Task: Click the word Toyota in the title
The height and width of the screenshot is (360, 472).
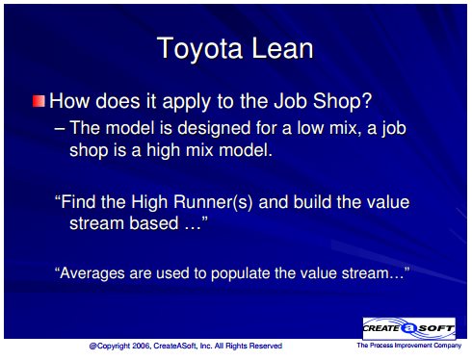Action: [199, 48]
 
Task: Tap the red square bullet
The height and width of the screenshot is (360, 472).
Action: [39, 101]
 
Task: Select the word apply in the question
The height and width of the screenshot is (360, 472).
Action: [187, 102]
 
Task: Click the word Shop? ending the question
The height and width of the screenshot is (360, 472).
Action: [342, 101]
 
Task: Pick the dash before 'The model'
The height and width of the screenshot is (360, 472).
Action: [59, 129]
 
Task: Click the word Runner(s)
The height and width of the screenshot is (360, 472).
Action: [213, 202]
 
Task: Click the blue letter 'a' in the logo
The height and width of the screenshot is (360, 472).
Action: [408, 328]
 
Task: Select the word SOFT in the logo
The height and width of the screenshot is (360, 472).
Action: [436, 328]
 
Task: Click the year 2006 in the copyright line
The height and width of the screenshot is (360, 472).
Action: [142, 346]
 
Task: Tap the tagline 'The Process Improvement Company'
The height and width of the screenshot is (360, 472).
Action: [409, 346]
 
